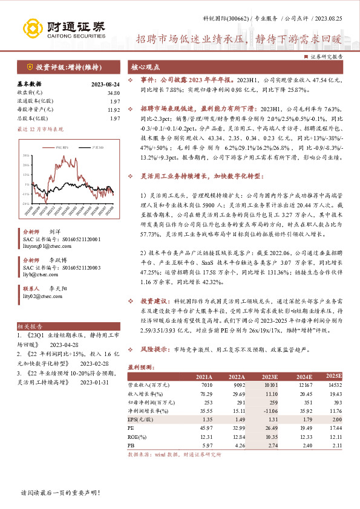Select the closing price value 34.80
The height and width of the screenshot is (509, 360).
(113, 92)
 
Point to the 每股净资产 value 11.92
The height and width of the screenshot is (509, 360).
(113, 109)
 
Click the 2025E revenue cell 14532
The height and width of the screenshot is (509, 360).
(332, 384)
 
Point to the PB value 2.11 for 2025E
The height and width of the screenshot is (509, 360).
(333, 444)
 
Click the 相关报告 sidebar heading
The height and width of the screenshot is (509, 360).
(26, 325)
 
